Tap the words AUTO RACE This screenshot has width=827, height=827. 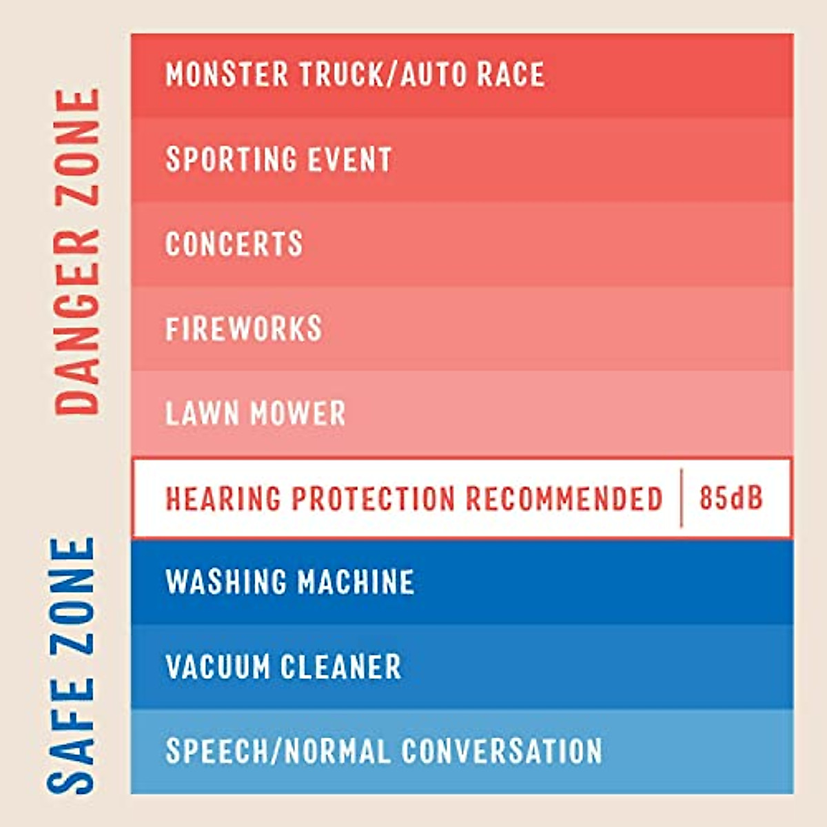coord(473,74)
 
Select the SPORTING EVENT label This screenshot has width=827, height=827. coord(278,159)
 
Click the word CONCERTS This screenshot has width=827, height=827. coord(234,244)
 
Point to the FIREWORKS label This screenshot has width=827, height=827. coord(244,329)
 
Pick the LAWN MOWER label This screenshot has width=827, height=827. coord(255,413)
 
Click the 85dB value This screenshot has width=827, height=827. coord(731,498)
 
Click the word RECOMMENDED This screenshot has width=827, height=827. coord(564,499)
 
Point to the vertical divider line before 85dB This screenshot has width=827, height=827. coord(682,498)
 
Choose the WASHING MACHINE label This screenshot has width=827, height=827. coord(289,582)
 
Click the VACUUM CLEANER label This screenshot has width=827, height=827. coord(283,667)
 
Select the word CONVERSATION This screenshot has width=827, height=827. coord(502,751)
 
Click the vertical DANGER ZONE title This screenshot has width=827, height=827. coord(77,252)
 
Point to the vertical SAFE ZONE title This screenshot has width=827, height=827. coord(72,665)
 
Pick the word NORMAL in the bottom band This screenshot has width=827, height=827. coord(337,751)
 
